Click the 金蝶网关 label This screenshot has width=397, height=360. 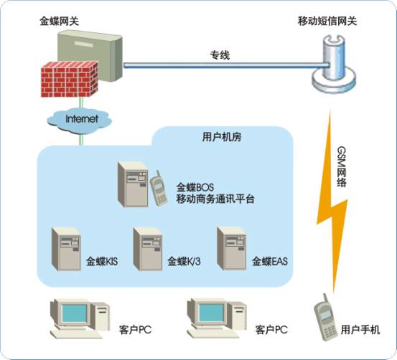coord(60,21)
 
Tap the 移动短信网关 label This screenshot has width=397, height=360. coord(327,21)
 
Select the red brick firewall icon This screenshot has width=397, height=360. coord(70,80)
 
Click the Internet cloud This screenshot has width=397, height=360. coord(80,120)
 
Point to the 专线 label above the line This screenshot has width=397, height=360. coord(220,55)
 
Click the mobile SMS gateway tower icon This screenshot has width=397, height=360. coord(334,65)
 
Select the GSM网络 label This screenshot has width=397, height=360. coord(342,166)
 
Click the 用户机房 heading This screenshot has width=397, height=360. coord(222,137)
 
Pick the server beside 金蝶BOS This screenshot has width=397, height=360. coord(134,184)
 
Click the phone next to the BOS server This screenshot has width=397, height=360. coord(159,189)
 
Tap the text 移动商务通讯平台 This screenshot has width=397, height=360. coord(215,199)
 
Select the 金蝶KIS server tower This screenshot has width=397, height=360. coord(67,249)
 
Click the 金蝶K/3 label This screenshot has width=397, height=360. coord(184,261)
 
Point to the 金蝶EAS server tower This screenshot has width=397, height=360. coord(232,248)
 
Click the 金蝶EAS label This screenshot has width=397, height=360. coord(270,261)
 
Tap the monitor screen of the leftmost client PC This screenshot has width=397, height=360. coord(75,313)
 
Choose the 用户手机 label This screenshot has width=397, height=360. coord(360,330)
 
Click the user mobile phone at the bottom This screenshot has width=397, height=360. coord(325,318)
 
